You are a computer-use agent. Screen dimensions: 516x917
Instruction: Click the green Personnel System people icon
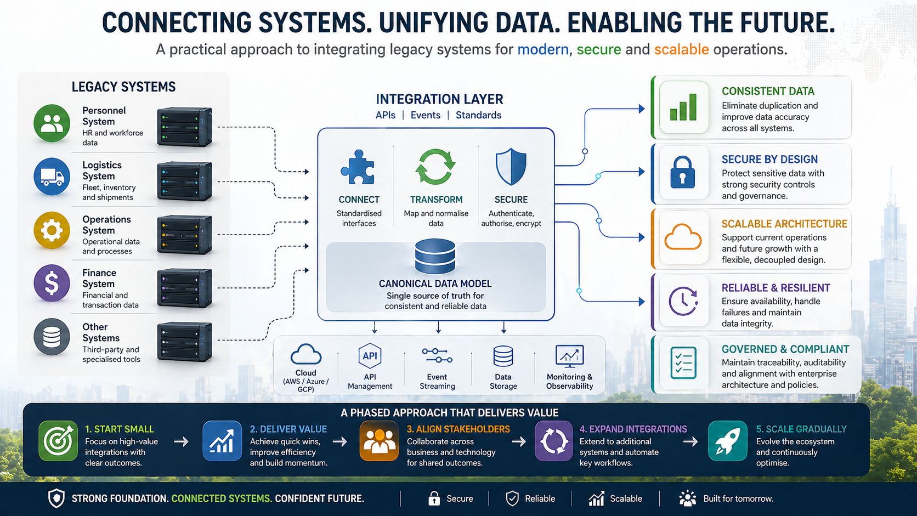coord(52,123)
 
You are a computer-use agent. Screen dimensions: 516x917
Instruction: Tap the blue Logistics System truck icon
coord(52,177)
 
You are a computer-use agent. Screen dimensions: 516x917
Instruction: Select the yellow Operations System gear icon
coord(52,230)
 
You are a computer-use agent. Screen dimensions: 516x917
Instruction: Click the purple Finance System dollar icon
coord(52,283)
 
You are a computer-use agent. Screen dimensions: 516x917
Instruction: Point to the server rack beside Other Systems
coord(184,342)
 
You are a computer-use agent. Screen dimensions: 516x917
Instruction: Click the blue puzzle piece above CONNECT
coord(358,167)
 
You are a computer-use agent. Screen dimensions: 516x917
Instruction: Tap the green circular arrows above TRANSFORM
coord(435,167)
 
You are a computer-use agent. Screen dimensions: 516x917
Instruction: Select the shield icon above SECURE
coord(511,167)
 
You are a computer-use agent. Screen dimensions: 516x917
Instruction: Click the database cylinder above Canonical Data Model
coord(435,256)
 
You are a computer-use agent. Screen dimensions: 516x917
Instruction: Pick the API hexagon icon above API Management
coord(370,356)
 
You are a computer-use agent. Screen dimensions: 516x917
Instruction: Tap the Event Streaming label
coord(437,381)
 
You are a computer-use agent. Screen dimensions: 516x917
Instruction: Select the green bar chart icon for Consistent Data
coord(683,107)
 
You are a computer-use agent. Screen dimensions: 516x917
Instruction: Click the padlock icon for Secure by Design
coord(683,173)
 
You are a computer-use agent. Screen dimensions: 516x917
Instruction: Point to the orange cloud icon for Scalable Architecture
coord(683,238)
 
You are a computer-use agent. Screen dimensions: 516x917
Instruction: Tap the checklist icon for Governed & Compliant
coord(683,362)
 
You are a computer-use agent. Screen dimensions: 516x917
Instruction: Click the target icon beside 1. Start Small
coord(58,441)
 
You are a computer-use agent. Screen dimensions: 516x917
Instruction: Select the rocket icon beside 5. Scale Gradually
coord(727,441)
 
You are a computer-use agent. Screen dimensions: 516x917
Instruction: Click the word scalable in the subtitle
coord(681,49)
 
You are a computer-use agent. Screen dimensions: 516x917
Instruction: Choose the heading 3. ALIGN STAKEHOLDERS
coord(458,429)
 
